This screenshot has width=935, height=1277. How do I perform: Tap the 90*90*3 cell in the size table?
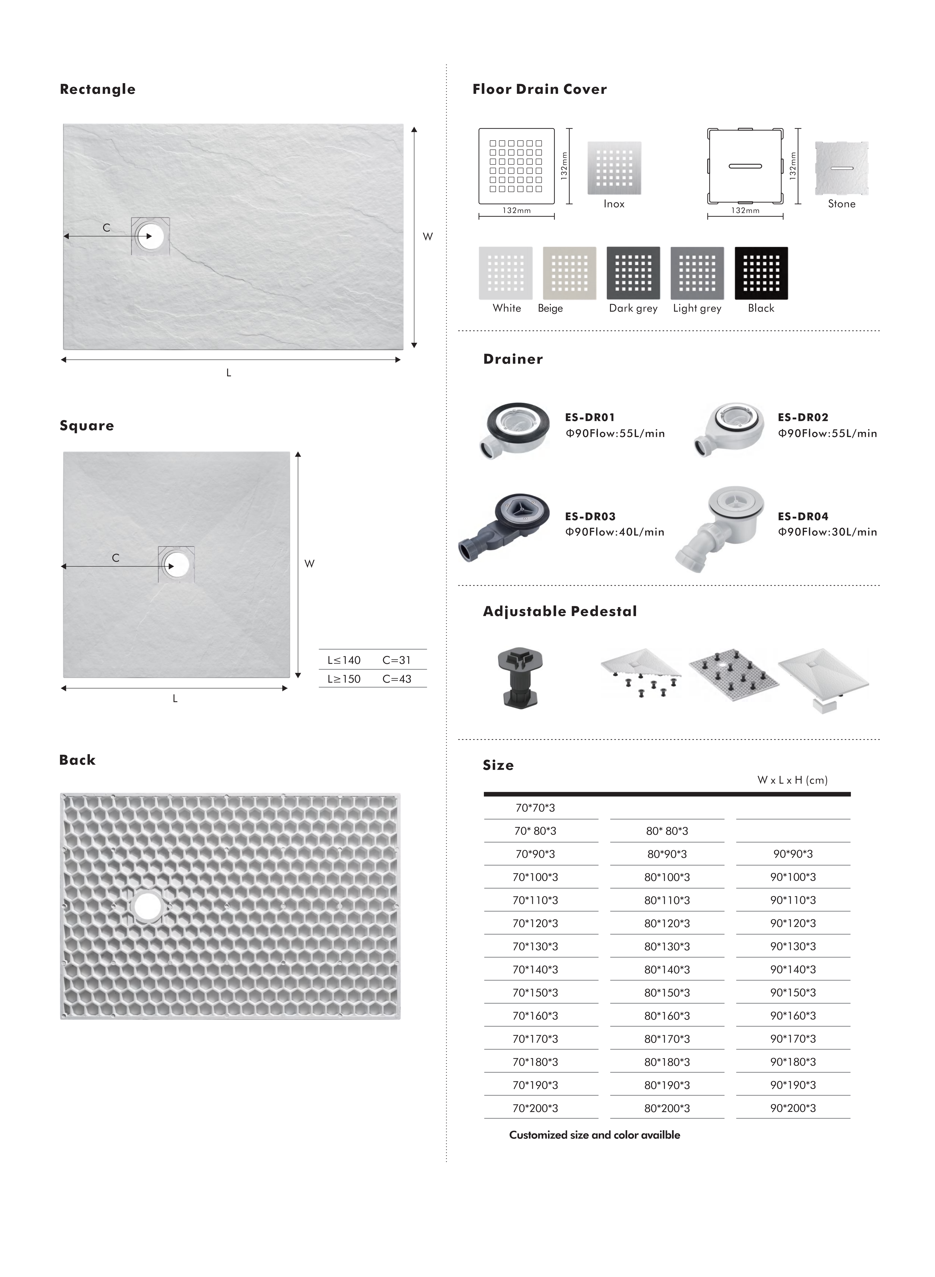793,854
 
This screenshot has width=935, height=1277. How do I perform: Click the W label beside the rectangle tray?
428,236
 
